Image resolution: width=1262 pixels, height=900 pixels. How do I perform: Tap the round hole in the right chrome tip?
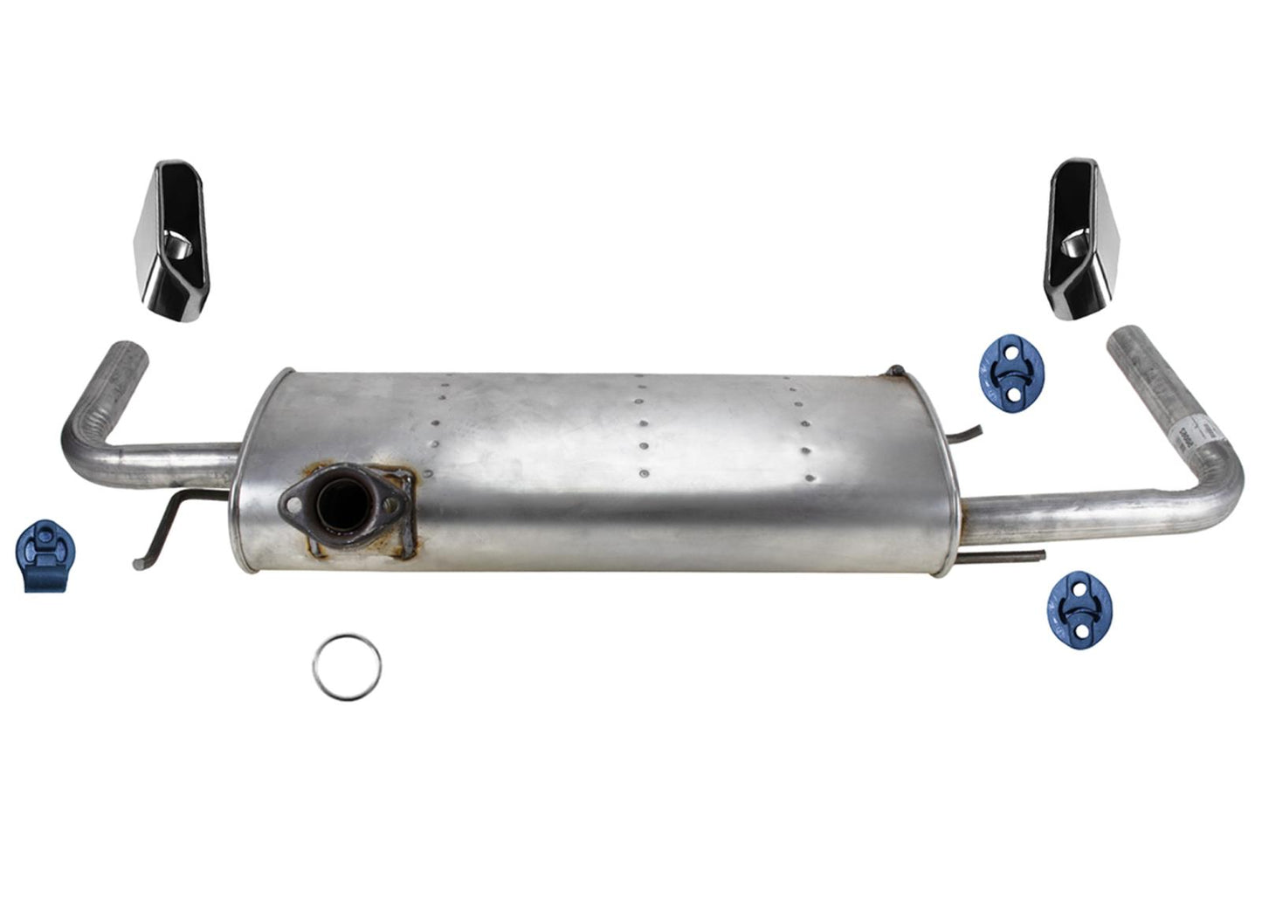[1075, 252]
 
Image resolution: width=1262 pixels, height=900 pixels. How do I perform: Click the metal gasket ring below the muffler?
[347, 667]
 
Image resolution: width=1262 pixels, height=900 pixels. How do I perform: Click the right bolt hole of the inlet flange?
[388, 502]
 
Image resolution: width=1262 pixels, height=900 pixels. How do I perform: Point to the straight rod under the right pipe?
[1004, 553]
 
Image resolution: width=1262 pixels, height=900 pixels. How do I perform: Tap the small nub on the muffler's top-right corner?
[893, 372]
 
